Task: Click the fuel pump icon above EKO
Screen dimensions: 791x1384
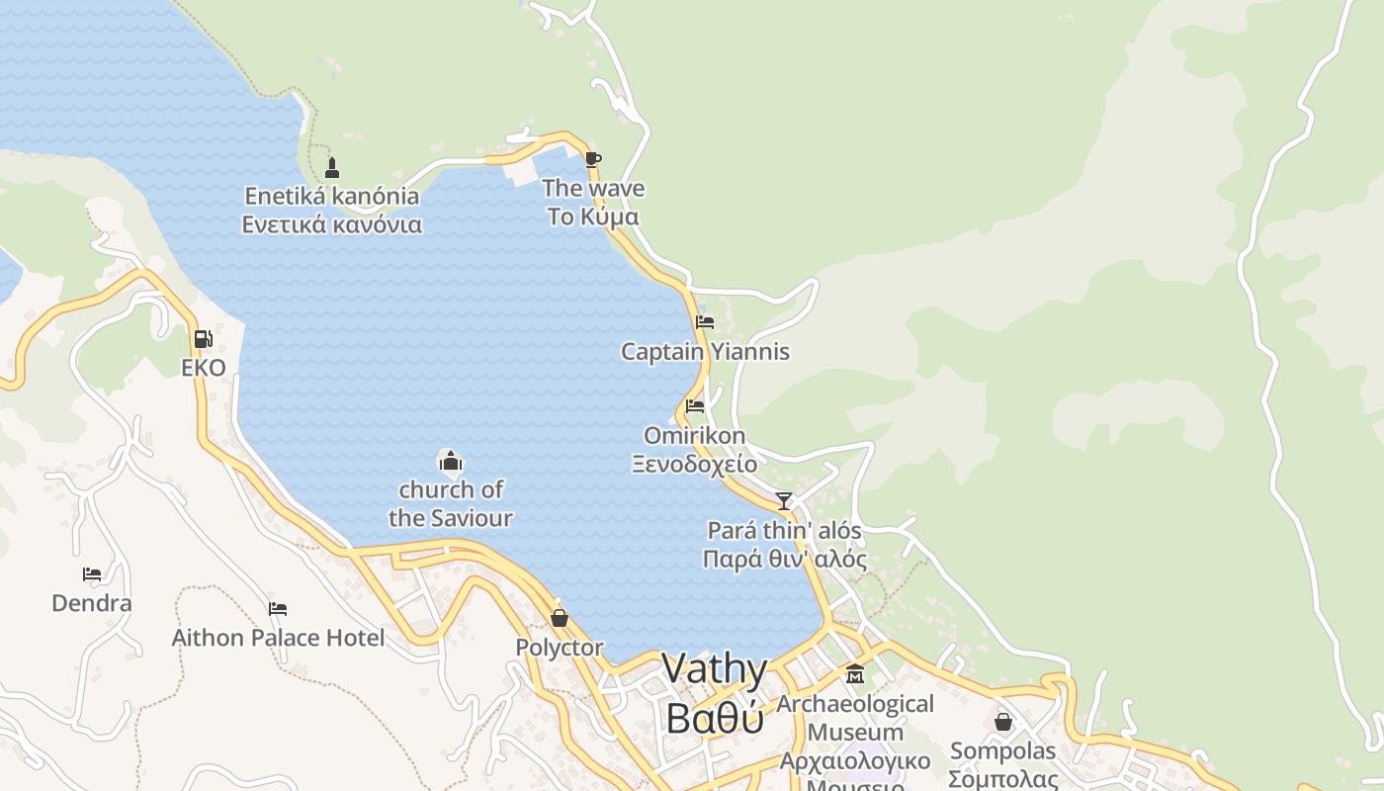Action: (203, 339)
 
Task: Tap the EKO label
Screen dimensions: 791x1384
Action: (204, 368)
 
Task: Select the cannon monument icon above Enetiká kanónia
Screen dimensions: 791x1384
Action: (332, 167)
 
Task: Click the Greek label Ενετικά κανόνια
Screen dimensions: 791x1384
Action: (332, 224)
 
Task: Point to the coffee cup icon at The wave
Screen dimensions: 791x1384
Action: (592, 159)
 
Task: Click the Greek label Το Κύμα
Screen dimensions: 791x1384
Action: (593, 217)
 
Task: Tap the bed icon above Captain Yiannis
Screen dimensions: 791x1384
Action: (705, 322)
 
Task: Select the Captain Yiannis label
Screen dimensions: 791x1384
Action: (705, 352)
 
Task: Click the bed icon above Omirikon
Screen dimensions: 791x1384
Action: (695, 405)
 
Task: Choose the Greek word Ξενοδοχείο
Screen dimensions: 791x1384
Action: (695, 464)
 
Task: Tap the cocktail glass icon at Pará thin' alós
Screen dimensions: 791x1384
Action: (784, 501)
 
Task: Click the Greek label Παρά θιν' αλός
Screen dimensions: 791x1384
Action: (784, 560)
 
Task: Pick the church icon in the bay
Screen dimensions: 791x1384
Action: (451, 461)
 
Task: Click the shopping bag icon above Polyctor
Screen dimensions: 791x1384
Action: (560, 618)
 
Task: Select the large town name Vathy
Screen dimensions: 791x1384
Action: (714, 669)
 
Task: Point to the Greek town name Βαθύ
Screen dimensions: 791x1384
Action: (714, 718)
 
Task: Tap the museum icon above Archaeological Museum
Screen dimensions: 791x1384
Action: (855, 674)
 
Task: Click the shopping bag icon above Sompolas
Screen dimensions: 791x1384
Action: (1003, 722)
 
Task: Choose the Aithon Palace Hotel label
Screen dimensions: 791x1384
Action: (278, 638)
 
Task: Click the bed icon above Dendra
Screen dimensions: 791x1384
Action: (92, 573)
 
